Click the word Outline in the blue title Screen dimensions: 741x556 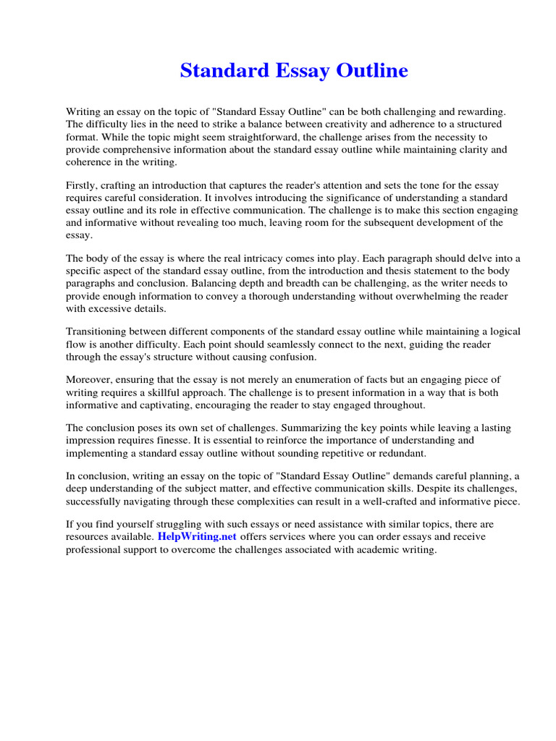click(373, 71)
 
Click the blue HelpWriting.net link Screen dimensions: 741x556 click(196, 537)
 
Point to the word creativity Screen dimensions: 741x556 click(335, 124)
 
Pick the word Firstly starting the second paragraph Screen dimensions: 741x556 click(83, 185)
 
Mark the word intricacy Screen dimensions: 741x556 click(298, 258)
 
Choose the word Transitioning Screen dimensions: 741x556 click(99, 332)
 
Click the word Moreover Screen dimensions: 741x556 click(90, 380)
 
